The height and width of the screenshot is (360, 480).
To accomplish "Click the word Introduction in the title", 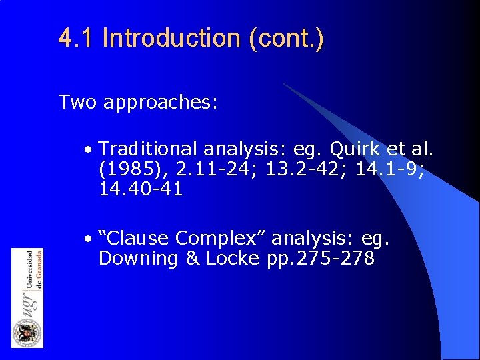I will pyautogui.click(x=172, y=38).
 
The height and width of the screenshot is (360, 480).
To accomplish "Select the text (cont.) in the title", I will pyautogui.click(x=286, y=38).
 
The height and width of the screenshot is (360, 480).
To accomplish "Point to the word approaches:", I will pyautogui.click(x=160, y=103).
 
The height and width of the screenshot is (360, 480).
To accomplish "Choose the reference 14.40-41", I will pyautogui.click(x=141, y=190).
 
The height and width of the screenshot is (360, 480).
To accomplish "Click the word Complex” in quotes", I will pyautogui.click(x=225, y=238).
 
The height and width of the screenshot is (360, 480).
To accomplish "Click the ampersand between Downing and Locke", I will pyautogui.click(x=193, y=259).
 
